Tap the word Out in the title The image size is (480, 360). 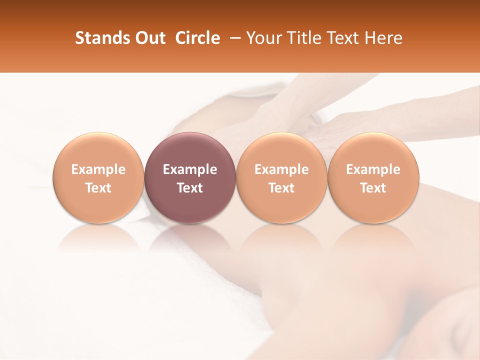149,38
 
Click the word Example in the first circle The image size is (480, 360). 98,169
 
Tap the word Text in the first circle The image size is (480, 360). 98,188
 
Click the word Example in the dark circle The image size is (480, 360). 189,169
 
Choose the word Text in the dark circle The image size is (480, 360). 189,188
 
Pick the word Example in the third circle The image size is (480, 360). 281,169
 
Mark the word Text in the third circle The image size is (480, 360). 281,188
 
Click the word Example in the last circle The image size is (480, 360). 373,169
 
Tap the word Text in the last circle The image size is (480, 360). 373,188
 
